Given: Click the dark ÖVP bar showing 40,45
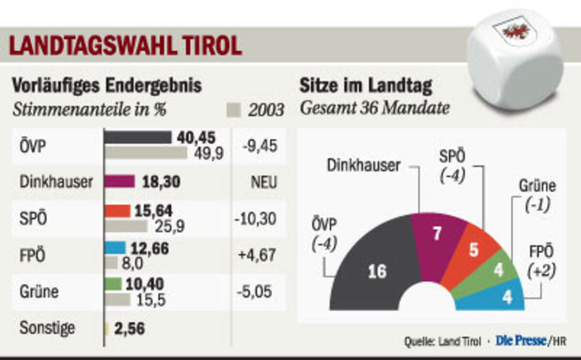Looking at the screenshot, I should pos(138,137).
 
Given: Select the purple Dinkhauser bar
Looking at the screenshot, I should pos(120,181).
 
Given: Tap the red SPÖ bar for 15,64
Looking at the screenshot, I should pos(118,211).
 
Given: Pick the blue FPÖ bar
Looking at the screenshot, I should pos(115,248).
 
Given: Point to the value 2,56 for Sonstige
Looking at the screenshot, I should pos(129,329).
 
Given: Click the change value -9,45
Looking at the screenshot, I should pos(256,146).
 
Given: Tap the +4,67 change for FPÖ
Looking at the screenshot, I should pos(256,255).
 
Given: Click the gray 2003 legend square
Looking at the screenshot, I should pos(233,111).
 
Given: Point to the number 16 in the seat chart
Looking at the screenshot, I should pos(377,271).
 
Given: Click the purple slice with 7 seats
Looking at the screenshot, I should pos(437,237).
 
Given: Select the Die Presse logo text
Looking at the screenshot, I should pos(520,341).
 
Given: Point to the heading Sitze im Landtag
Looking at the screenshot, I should pos(366,86).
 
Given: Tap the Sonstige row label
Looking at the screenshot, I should pos(47,328).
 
